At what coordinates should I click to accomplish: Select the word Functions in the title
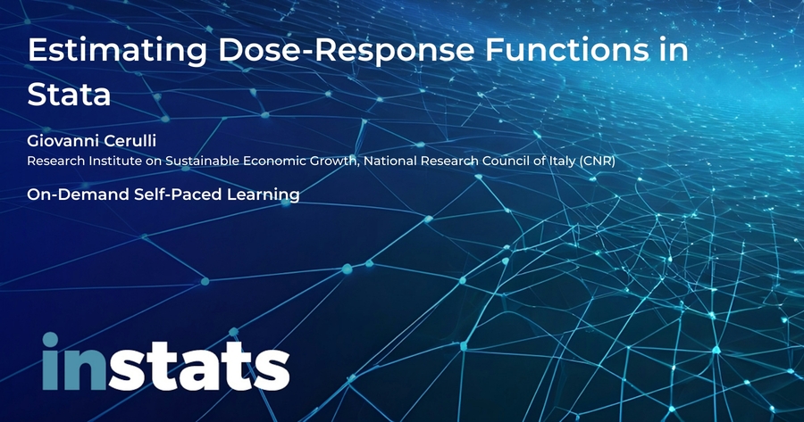567,50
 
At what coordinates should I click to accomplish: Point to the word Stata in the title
69,95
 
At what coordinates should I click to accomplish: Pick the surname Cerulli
130,140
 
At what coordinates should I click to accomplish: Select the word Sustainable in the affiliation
203,161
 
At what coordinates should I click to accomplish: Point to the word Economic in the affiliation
274,161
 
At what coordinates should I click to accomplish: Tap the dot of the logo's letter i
50,340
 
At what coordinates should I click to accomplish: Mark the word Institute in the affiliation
109,161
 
